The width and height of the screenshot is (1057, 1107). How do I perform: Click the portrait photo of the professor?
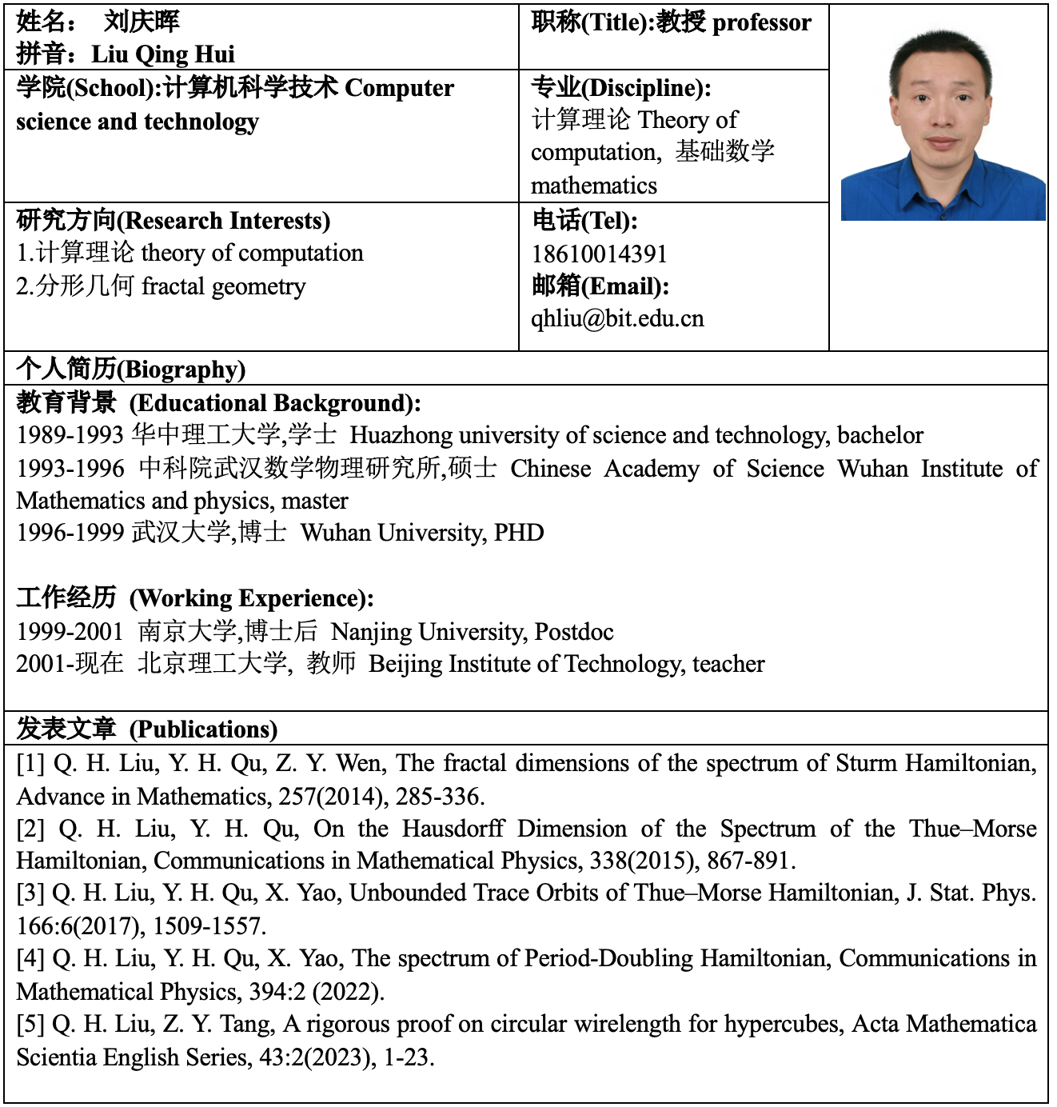(943, 125)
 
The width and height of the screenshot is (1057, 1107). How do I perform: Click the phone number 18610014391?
(599, 254)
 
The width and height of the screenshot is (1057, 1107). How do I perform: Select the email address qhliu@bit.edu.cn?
(617, 319)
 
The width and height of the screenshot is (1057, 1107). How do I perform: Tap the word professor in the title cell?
(761, 23)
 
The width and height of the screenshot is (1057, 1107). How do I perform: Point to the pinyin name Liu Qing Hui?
(163, 54)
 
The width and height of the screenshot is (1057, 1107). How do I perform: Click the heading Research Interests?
(227, 221)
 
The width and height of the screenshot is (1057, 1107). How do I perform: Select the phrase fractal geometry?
(224, 286)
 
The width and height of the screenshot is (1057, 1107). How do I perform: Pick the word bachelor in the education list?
(880, 436)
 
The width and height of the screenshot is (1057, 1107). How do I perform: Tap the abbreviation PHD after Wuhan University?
(519, 533)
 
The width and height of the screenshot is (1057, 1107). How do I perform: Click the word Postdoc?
(574, 632)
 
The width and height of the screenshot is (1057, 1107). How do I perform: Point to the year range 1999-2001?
(70, 632)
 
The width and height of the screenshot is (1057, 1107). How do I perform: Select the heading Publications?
(204, 729)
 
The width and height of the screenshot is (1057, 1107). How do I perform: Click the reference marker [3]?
(30, 893)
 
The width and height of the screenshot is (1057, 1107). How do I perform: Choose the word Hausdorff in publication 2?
(453, 829)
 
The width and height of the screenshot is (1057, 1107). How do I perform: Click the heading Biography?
(182, 370)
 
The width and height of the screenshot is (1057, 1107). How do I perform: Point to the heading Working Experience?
(251, 598)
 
